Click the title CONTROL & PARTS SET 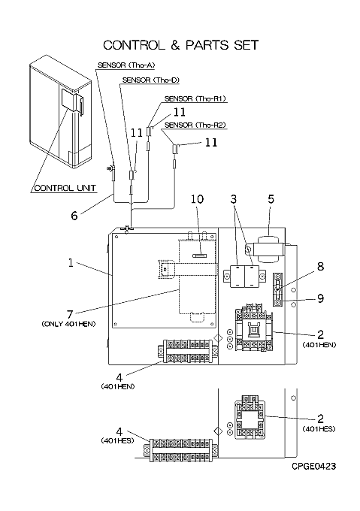coord(181,45)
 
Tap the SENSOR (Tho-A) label coord(126,65)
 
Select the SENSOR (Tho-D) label coord(151,80)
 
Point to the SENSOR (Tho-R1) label coord(195,98)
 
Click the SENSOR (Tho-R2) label coord(195,125)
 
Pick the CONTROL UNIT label coord(65,188)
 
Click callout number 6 coord(74,216)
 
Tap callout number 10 coord(197,199)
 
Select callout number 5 coord(271,199)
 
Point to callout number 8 coord(321,266)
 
